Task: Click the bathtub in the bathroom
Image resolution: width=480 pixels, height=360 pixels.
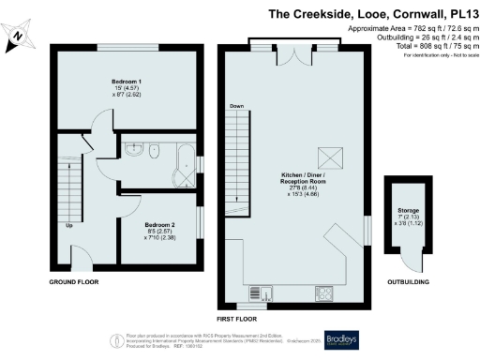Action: [184, 166]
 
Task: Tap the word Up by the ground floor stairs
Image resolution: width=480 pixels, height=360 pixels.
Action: [68, 226]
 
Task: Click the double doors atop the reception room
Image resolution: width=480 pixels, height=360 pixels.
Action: [296, 52]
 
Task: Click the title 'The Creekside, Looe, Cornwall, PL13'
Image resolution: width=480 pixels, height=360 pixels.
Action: [368, 14]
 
